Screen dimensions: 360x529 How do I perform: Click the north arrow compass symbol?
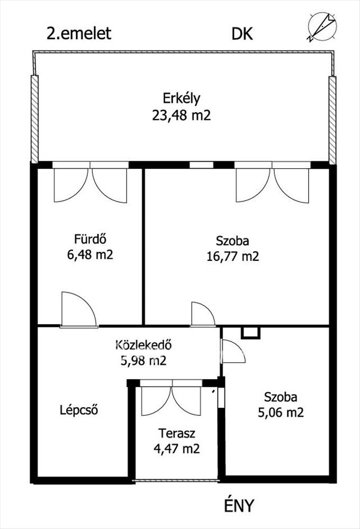click(322, 26)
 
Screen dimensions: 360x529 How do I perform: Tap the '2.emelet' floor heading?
click(79, 33)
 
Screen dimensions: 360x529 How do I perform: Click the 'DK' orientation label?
click(242, 34)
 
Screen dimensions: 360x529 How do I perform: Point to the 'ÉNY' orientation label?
click(238, 505)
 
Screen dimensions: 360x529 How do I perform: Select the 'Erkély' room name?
click(182, 98)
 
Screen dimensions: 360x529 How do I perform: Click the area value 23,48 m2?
click(182, 115)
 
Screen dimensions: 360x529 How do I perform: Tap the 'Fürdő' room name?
click(90, 239)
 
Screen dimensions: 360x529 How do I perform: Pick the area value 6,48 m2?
click(90, 254)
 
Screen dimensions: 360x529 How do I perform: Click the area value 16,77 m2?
click(233, 257)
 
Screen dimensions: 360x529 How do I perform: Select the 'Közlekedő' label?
click(143, 345)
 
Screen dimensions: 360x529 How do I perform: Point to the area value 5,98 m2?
click(143, 361)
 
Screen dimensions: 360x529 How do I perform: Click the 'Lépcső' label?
click(79, 410)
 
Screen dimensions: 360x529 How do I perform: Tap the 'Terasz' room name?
click(177, 433)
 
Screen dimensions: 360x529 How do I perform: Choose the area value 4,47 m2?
click(177, 449)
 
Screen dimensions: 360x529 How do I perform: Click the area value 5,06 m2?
click(281, 412)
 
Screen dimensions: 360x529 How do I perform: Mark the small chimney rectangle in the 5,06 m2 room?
click(251, 332)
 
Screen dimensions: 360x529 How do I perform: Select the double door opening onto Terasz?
click(171, 398)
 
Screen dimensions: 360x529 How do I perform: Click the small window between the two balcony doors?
click(201, 165)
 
